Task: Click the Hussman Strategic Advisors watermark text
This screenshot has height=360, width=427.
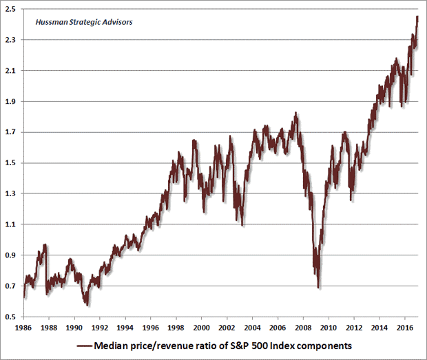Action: pos(74,21)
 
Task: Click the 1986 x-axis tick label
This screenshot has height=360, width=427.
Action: pos(25,327)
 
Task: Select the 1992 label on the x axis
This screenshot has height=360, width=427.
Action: pos(101,327)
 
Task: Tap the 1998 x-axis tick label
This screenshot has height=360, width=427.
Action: pos(176,327)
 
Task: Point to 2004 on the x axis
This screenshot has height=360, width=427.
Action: pos(253,327)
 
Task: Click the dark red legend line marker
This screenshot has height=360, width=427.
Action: pos(85,345)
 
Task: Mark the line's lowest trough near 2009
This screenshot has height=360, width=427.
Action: pos(318,287)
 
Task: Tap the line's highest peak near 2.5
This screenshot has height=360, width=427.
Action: pos(418,17)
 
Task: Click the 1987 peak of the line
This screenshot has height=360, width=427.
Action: pos(45,244)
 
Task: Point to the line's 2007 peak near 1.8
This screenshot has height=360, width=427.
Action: pos(295,113)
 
